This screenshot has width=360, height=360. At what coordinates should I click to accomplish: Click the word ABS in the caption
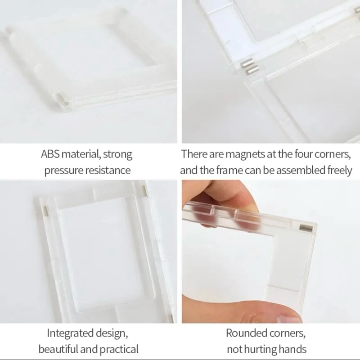coord(50,154)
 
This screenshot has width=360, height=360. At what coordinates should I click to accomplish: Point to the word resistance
coord(108,171)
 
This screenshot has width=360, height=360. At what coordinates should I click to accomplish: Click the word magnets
coord(245,154)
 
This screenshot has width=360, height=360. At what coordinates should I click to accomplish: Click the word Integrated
coord(70,333)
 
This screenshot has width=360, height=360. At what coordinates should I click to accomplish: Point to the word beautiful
coord(58,349)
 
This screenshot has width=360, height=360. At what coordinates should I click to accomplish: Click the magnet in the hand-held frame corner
coord(306,228)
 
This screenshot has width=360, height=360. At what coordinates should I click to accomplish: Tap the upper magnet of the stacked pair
coord(246,64)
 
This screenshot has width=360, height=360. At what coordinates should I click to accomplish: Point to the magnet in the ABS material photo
coord(62,99)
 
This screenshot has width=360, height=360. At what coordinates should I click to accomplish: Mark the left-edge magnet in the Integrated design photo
coord(47,211)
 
